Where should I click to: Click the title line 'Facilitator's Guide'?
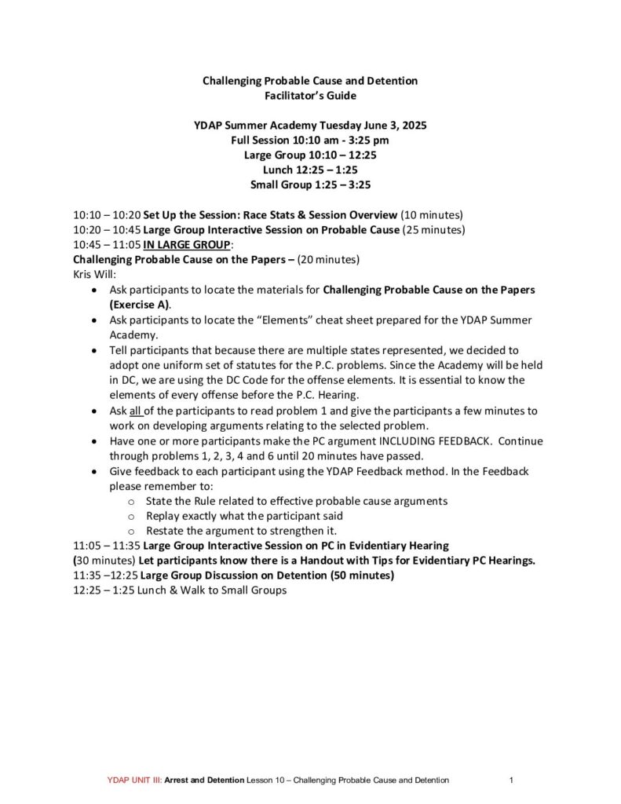310,96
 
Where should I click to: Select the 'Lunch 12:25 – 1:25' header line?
310,170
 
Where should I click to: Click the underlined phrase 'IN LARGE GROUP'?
188,244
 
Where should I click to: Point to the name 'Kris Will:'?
95,275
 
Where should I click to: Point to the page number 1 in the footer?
511,780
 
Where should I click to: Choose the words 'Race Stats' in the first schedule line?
258,214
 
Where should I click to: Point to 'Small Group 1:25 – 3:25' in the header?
310,185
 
